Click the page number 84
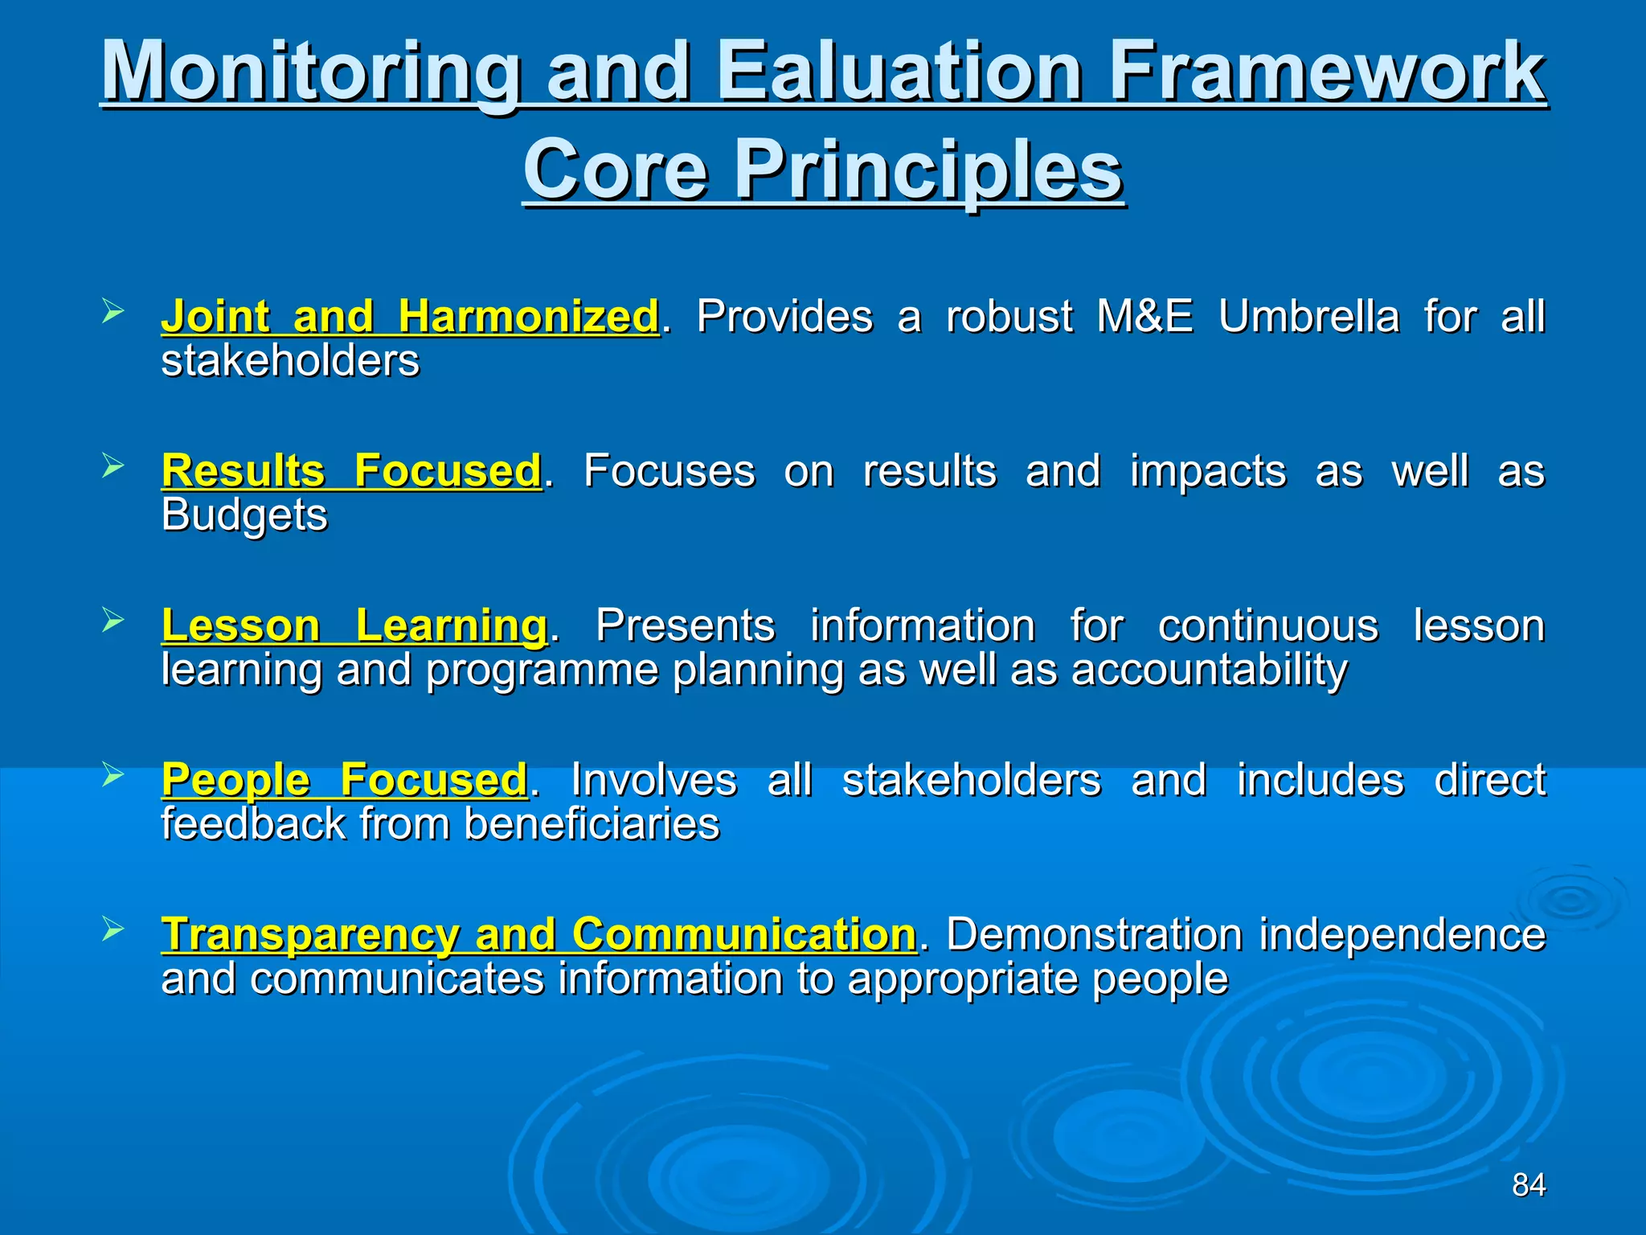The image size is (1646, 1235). [1528, 1184]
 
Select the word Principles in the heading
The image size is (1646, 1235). [928, 170]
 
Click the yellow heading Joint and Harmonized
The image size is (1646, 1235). [410, 316]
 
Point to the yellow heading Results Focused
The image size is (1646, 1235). [351, 470]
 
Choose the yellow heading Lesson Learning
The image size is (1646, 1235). [354, 626]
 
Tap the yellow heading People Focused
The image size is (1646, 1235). [344, 780]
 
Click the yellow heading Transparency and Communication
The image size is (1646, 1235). [538, 934]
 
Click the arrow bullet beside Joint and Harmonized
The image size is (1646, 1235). [113, 311]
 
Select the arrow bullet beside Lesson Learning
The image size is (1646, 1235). [113, 620]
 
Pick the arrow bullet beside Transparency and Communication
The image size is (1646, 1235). [113, 929]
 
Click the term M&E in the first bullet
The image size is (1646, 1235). [1144, 316]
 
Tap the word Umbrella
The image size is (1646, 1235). [1308, 316]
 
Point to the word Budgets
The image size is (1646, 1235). [244, 515]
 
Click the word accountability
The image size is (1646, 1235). [1209, 670]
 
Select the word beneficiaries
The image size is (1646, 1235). [592, 824]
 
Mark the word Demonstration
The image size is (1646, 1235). [1094, 934]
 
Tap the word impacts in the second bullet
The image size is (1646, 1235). [1207, 471]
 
